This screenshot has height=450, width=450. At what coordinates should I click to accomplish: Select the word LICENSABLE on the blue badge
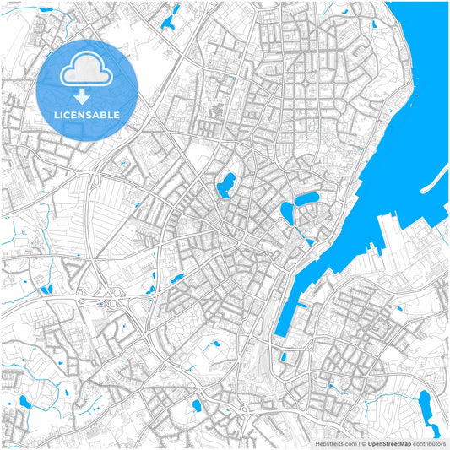coord(88,114)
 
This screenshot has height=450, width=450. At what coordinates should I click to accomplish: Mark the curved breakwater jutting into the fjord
coord(435,176)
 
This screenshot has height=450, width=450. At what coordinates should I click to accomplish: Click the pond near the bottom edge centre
coord(196,405)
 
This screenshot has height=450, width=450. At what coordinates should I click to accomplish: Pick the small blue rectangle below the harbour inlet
coord(284,357)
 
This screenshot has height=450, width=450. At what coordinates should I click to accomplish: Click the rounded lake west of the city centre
coord(226,183)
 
